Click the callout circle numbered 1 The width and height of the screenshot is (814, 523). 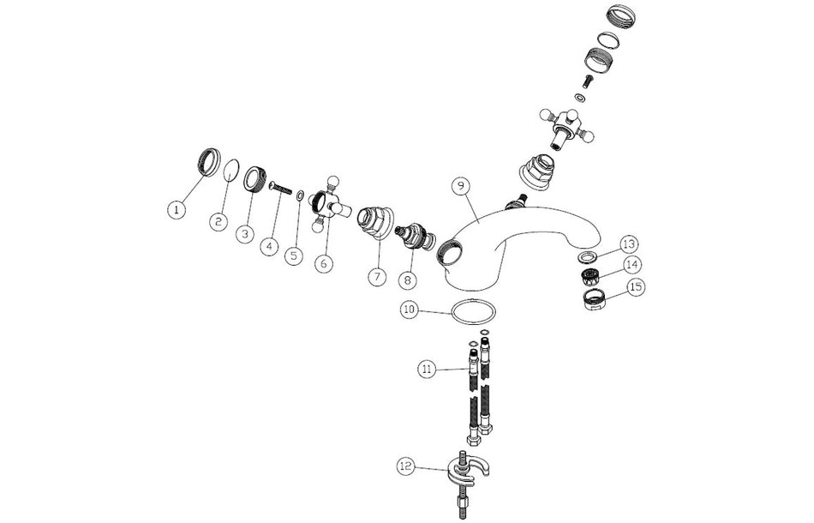click(x=177, y=210)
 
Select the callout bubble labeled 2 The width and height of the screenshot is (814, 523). click(x=218, y=222)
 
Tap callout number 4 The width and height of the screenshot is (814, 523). click(x=269, y=246)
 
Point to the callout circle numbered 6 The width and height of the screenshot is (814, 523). click(x=323, y=263)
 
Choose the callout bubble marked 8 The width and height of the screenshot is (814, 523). click(x=408, y=280)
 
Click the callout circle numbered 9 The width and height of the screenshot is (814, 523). click(x=460, y=186)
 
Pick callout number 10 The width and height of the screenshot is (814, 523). click(x=409, y=310)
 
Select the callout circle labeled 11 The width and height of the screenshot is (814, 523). click(x=427, y=370)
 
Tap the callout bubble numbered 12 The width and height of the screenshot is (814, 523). click(x=406, y=466)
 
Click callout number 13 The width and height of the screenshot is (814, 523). click(x=629, y=244)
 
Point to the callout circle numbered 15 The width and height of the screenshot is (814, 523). click(x=637, y=286)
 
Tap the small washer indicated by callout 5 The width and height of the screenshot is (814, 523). click(x=300, y=196)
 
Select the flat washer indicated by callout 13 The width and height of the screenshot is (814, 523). click(x=587, y=256)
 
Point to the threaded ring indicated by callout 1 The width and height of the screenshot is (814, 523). click(x=208, y=162)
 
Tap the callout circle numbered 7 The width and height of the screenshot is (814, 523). click(x=377, y=276)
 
